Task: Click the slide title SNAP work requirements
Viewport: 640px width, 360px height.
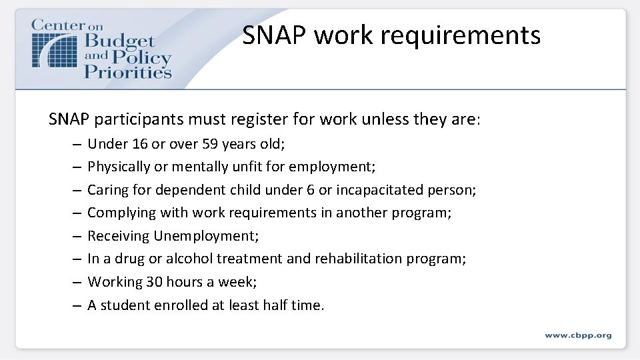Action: click(391, 35)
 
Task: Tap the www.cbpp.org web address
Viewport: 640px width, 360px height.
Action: click(578, 335)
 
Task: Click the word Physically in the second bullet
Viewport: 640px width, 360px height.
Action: click(117, 167)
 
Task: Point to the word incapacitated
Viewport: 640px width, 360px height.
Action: click(378, 190)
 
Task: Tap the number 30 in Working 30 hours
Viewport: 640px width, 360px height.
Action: click(154, 282)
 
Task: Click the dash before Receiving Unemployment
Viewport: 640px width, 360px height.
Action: click(77, 236)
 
